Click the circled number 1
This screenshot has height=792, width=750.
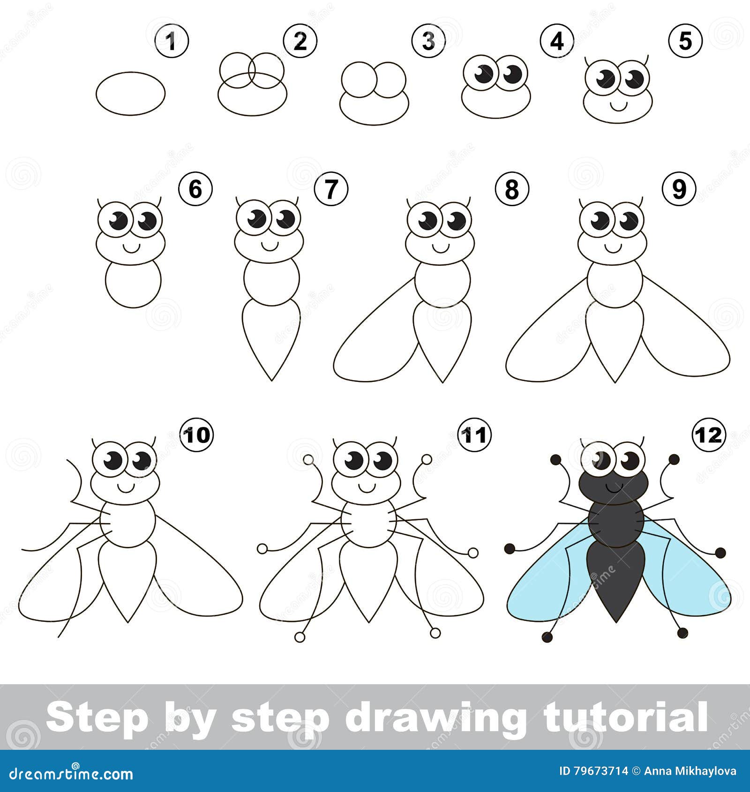(172, 41)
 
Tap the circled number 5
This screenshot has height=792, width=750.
(685, 41)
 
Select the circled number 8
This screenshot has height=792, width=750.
(512, 190)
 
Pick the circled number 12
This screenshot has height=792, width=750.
(709, 435)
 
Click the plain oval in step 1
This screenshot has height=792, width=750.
(131, 93)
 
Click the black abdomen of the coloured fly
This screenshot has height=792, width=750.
(615, 581)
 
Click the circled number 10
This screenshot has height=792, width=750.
(197, 435)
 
